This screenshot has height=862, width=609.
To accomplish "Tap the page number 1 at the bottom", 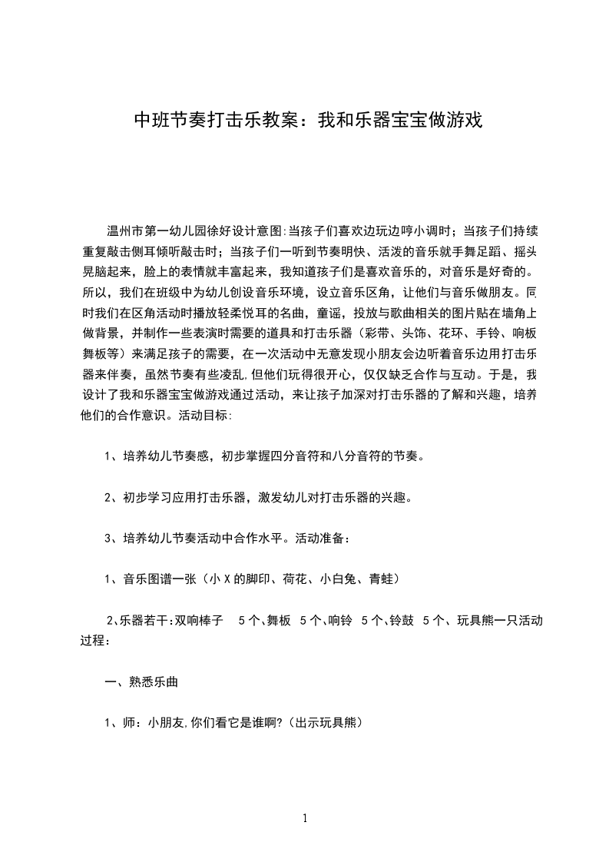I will pyautogui.click(x=305, y=818).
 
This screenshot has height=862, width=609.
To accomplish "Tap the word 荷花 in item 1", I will pyautogui.click(x=294, y=579).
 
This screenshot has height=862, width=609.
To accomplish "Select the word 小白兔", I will pyautogui.click(x=339, y=579).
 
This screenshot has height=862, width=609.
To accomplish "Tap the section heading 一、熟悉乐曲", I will pyautogui.click(x=143, y=681).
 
